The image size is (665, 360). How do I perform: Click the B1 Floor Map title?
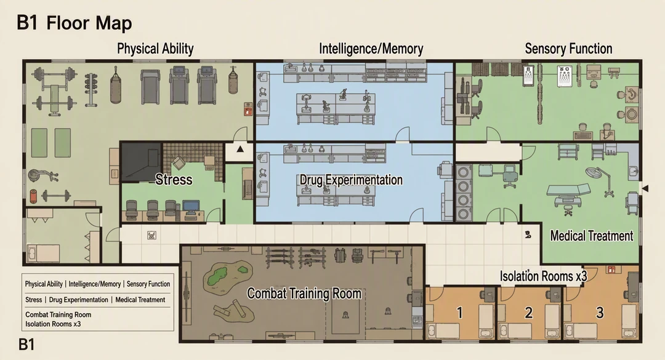75,23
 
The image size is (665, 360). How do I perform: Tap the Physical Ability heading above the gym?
155,49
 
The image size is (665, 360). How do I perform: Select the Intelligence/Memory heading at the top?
371,49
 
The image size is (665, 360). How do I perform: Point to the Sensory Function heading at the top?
568,49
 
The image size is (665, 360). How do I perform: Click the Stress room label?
174,179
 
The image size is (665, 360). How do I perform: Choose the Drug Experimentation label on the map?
351,180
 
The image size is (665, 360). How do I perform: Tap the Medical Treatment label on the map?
592,236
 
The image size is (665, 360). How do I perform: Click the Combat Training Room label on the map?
304,294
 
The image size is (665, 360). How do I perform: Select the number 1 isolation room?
459,313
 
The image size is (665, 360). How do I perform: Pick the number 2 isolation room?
528,313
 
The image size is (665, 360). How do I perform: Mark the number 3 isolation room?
600,313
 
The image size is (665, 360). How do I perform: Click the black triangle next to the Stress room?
240,149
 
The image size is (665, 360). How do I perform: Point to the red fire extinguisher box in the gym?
248,109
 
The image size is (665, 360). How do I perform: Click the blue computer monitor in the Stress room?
191,207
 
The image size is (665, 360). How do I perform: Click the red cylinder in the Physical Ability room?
33,196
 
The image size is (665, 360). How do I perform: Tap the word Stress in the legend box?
33,300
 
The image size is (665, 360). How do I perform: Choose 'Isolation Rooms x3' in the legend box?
53,324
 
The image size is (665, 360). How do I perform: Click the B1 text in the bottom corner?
26,345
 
